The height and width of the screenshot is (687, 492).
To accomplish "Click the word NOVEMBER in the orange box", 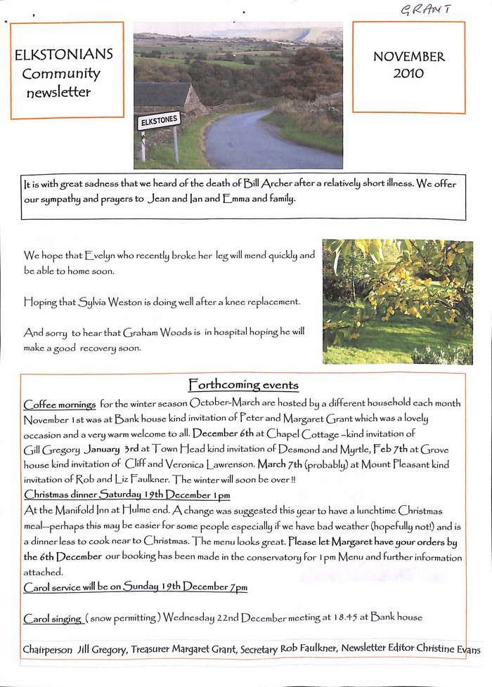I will point(408,57).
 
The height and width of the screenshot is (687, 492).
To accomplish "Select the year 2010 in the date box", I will point(408,72).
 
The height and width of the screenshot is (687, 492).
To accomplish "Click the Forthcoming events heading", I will point(243,385).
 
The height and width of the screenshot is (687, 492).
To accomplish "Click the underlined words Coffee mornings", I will point(60,405).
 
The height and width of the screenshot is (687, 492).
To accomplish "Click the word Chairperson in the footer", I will point(47,650).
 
